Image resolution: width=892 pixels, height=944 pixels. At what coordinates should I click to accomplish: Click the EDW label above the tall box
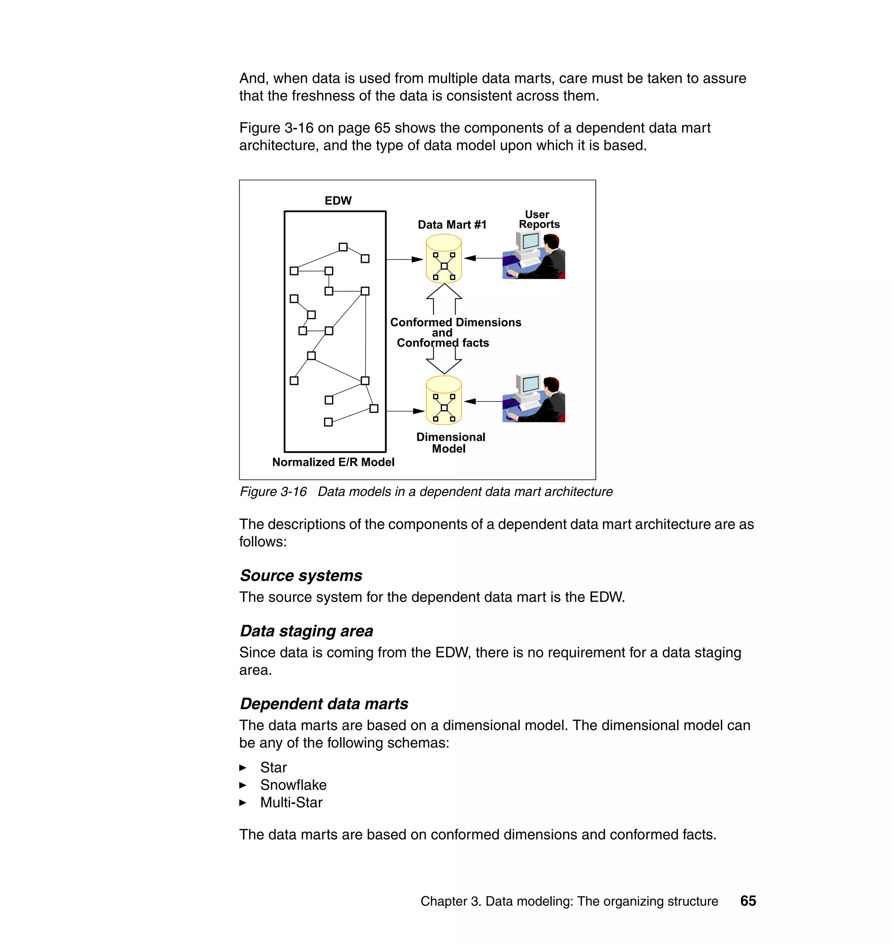pyautogui.click(x=338, y=201)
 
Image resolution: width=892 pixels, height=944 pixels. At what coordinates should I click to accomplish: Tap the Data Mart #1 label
pyautogui.click(x=452, y=225)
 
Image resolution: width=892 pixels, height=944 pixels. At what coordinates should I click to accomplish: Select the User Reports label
pyautogui.click(x=539, y=219)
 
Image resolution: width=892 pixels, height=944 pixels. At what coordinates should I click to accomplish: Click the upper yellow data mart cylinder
pyautogui.click(x=444, y=260)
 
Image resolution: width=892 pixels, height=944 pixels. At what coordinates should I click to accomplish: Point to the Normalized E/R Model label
pyautogui.click(x=333, y=462)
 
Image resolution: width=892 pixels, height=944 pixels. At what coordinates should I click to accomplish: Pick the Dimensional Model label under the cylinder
pyautogui.click(x=450, y=442)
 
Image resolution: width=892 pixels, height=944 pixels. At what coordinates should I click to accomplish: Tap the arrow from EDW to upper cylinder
pyautogui.click(x=405, y=260)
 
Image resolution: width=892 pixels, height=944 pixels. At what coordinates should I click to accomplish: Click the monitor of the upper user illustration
pyautogui.click(x=530, y=242)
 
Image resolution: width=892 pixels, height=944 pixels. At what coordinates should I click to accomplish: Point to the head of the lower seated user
pyautogui.click(x=551, y=384)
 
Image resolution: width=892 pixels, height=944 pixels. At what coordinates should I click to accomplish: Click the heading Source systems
pyautogui.click(x=301, y=576)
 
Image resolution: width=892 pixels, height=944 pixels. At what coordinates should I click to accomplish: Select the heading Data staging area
pyautogui.click(x=306, y=631)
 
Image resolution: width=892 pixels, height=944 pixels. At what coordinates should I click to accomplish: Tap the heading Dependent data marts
pyautogui.click(x=324, y=704)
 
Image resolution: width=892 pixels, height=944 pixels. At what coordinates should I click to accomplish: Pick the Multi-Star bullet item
pyautogui.click(x=291, y=802)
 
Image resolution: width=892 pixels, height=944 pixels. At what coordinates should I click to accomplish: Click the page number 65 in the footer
pyautogui.click(x=748, y=901)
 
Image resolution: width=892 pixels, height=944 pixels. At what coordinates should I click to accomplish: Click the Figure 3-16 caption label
pyautogui.click(x=274, y=492)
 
